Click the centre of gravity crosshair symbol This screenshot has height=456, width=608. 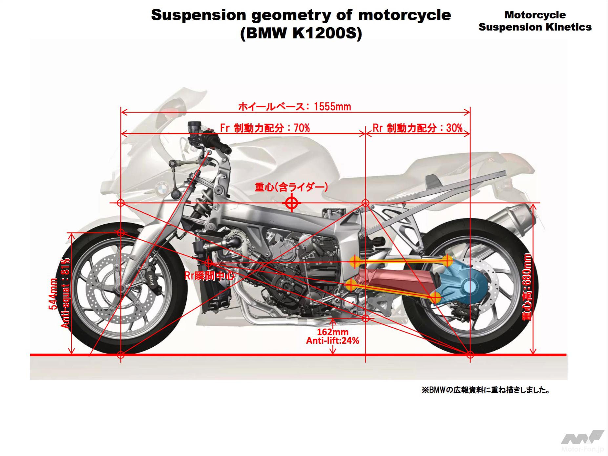[x=291, y=203]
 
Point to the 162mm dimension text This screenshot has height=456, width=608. [x=332, y=332]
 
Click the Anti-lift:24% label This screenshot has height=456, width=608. [x=332, y=341]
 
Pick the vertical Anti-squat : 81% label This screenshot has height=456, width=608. [x=66, y=293]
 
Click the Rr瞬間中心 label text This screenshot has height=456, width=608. [x=209, y=276]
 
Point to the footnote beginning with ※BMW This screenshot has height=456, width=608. [x=486, y=390]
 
